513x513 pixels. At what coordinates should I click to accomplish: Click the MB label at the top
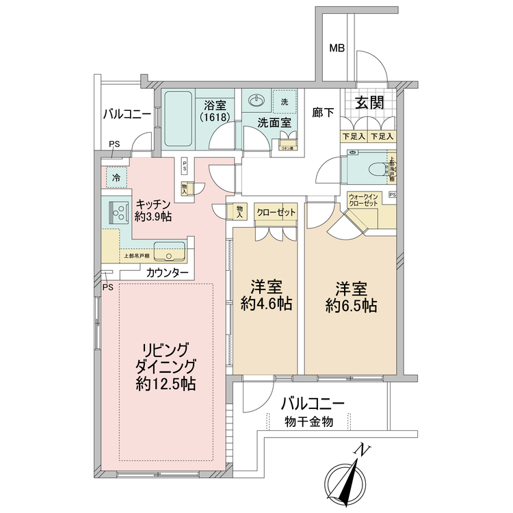[x=337, y=49]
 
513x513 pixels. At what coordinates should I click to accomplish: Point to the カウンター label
[x=168, y=272]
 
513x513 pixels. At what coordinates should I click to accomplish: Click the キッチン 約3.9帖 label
[x=153, y=211]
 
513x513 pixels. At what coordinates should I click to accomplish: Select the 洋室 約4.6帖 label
[x=266, y=296]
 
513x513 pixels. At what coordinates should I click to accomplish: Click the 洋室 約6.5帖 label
[x=350, y=296]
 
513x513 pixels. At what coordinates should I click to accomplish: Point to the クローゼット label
[x=276, y=212]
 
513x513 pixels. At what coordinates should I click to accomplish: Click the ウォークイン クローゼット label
[x=363, y=200]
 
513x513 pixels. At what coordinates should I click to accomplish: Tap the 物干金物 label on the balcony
[x=308, y=422]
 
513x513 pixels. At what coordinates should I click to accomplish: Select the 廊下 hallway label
[x=324, y=113]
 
